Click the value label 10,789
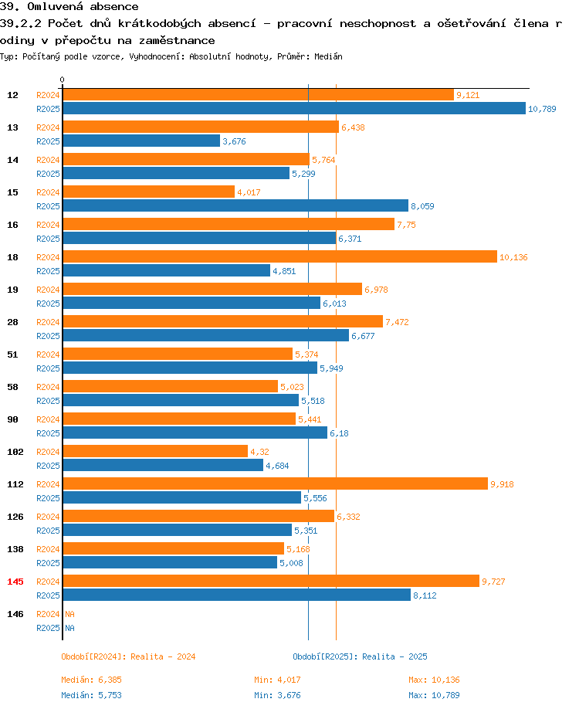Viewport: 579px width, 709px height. coord(542,109)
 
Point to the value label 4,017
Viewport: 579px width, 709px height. coord(249,192)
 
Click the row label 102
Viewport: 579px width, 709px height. coord(15,452)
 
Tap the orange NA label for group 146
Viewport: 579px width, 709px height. coord(69,614)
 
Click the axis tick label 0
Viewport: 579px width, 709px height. coord(63,80)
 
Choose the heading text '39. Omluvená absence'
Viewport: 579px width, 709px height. coord(69,7)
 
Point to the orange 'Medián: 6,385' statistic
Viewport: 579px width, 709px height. coord(92,680)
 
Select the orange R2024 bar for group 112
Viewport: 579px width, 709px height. coord(275,484)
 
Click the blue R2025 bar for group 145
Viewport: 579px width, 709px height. coord(236,595)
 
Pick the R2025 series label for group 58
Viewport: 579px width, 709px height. coord(48,401)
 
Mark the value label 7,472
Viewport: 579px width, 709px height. coord(397,322)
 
